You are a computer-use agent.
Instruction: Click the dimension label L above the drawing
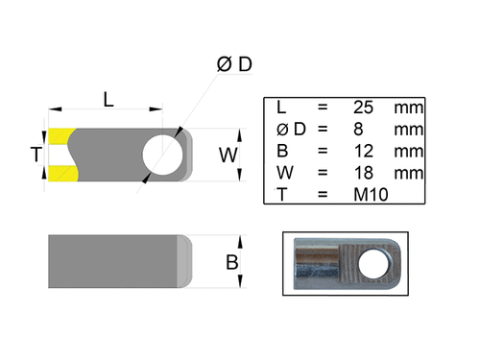coord(108,98)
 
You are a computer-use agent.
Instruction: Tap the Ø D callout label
coord(234,64)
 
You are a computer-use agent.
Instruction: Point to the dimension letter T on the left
coord(36,155)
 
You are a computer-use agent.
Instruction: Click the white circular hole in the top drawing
coord(161,154)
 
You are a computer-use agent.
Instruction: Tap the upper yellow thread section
coord(62,135)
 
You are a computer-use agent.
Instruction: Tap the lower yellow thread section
coord(62,172)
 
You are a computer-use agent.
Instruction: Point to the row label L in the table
coord(279,107)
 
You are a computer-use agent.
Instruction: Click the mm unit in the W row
coord(408,173)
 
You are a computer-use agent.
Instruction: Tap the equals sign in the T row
coord(323,195)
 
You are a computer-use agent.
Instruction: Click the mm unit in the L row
coord(408,107)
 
